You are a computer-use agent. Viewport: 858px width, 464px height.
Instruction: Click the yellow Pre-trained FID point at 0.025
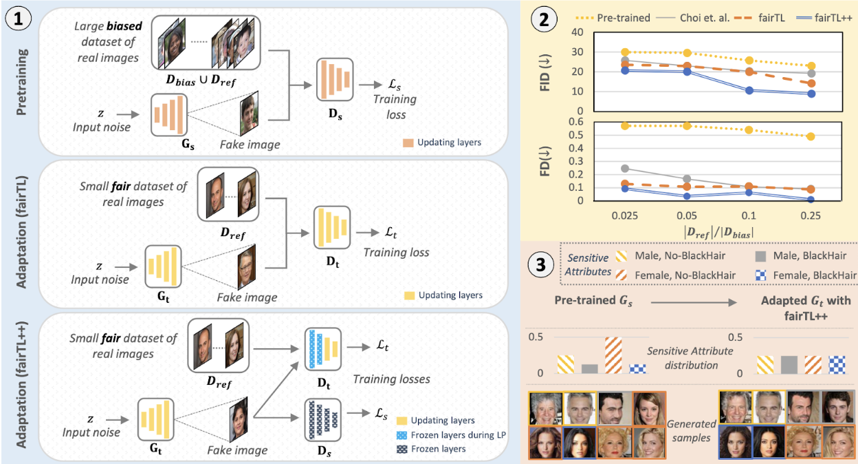[x=625, y=52]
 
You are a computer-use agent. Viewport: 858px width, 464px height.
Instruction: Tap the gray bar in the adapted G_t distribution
[x=789, y=364]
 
